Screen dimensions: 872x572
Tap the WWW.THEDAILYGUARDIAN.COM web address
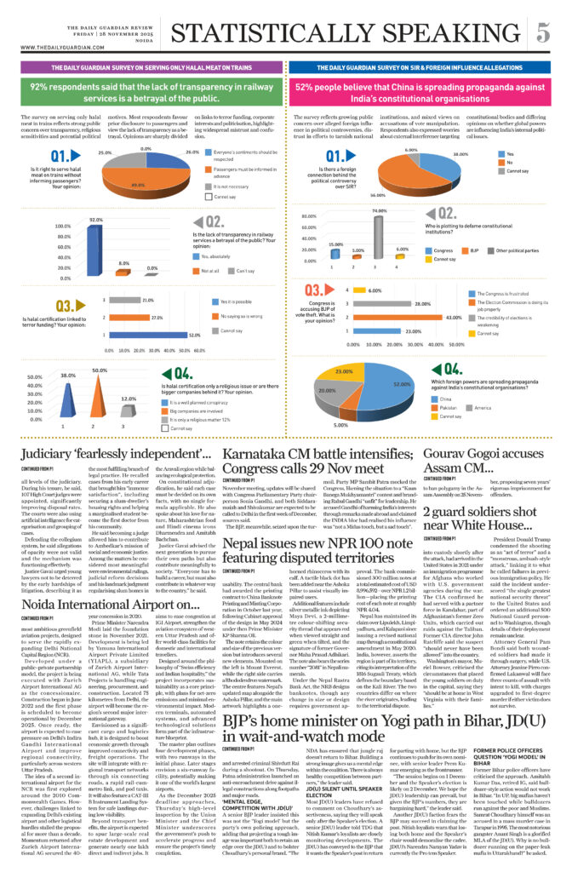(53, 48)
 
